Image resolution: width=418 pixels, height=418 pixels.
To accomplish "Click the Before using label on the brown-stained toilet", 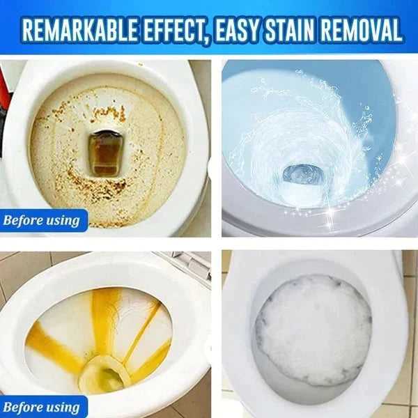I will [x=42, y=221].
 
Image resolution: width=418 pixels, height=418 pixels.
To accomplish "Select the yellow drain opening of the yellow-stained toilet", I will [x=104, y=376].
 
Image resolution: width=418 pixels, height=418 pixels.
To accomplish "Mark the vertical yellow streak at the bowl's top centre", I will [x=105, y=313].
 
